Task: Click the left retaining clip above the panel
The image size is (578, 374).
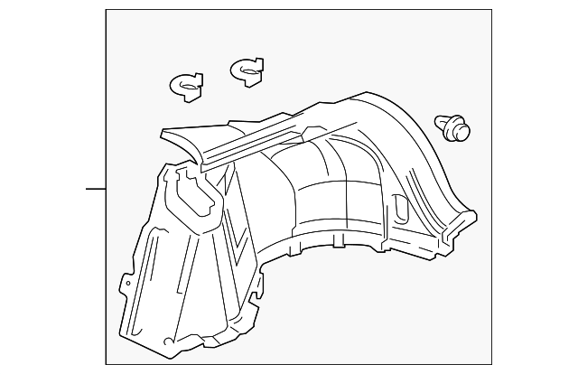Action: click(x=186, y=85)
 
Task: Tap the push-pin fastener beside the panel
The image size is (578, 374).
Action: click(x=453, y=128)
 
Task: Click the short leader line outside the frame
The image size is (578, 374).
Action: click(x=96, y=188)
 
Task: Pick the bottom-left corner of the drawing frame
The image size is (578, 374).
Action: click(x=106, y=365)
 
